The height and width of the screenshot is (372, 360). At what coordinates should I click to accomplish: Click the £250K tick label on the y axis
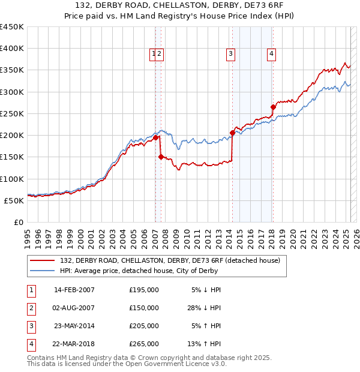(x=12, y=113)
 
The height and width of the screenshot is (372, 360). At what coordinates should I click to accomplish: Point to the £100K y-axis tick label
(x=12, y=179)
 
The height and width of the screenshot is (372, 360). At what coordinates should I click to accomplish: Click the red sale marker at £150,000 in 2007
(x=161, y=157)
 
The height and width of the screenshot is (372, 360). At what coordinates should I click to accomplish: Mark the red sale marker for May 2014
(x=232, y=133)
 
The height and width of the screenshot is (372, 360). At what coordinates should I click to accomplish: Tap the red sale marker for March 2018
(x=273, y=107)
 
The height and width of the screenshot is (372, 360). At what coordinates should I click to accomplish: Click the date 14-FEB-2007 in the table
(x=74, y=290)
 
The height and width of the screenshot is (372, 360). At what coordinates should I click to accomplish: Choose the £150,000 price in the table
(x=144, y=308)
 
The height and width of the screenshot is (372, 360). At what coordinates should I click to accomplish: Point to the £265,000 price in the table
(x=144, y=344)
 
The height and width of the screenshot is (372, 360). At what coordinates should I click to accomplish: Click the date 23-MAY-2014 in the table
(x=74, y=326)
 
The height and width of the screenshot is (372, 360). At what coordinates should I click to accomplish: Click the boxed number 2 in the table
(x=31, y=308)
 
